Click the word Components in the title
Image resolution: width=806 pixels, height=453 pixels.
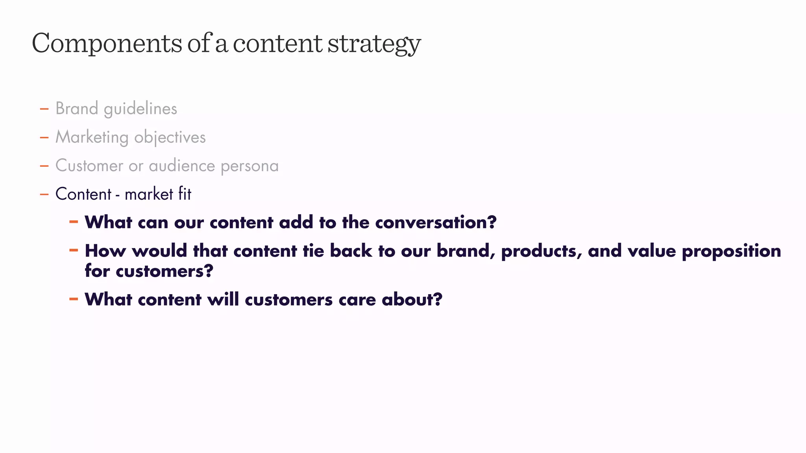click(107, 43)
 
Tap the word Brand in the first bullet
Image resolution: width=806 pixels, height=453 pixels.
click(77, 109)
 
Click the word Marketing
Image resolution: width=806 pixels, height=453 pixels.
click(92, 138)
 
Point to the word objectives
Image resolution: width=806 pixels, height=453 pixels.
click(170, 138)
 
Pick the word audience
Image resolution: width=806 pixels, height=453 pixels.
click(181, 166)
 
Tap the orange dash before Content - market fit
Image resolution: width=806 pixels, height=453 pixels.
click(44, 194)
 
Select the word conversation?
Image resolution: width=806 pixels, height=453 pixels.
click(436, 223)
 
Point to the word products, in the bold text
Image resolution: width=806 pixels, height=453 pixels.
click(541, 251)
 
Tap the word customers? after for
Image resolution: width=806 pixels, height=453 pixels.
click(164, 271)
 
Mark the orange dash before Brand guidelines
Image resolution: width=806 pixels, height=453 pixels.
click(44, 109)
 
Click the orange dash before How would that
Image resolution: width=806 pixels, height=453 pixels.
click(74, 250)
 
